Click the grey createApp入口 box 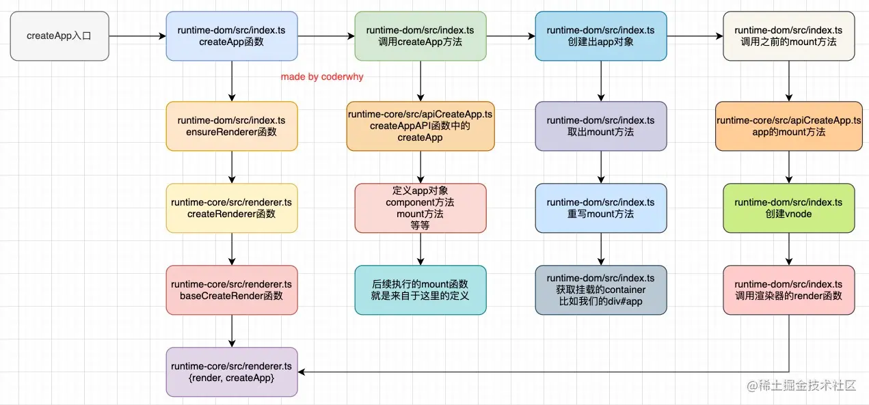[59, 36]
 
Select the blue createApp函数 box [232, 36]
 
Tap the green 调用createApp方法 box [420, 36]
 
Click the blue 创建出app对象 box [601, 36]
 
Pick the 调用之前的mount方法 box [788, 36]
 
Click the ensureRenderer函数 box [232, 126]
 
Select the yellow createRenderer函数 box [232, 208]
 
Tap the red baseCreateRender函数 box [232, 290]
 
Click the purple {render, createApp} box [232, 372]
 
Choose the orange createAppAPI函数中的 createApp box [420, 126]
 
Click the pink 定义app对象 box [420, 208]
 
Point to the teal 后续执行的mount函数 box [420, 290]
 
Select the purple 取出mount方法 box [601, 126]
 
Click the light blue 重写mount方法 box [601, 208]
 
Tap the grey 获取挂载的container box [601, 290]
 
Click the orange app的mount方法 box [788, 126]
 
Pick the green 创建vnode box [788, 208]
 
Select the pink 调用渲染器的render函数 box [788, 290]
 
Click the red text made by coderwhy [322, 77]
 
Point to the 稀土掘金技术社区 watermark [801, 386]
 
